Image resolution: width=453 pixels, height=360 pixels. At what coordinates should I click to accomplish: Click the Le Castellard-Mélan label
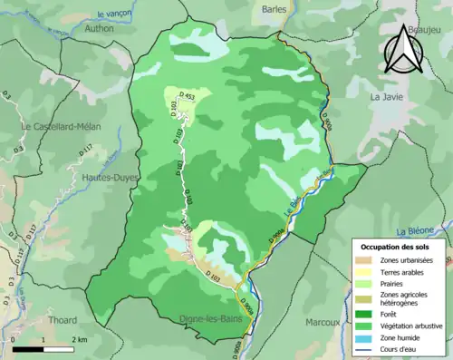[63, 127]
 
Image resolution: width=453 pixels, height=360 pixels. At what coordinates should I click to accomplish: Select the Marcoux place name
[323, 320]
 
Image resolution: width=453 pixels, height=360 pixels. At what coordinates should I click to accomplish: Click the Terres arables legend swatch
[363, 272]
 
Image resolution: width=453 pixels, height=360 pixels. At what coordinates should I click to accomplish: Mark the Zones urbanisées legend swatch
[363, 259]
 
